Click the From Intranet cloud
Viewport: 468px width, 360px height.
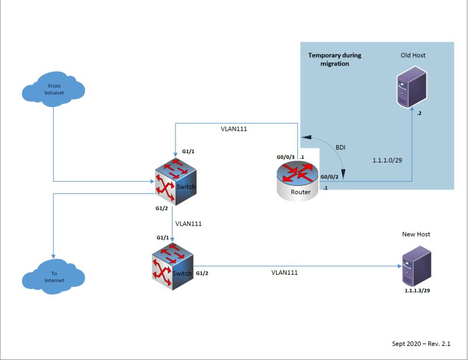point(53,89)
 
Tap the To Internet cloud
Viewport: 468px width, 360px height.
point(53,276)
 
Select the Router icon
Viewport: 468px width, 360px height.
point(298,181)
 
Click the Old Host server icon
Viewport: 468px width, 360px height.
point(412,87)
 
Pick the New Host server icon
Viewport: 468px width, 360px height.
point(417,266)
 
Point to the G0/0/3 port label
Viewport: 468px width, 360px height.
point(285,157)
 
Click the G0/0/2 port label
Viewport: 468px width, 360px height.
point(329,177)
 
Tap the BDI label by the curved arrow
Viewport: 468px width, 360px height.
point(340,147)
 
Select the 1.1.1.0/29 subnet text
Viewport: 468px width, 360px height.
point(387,160)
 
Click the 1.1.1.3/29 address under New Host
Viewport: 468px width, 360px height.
point(417,290)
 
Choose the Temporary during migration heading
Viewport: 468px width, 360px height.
point(335,60)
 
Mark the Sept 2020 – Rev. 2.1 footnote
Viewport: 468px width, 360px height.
point(421,344)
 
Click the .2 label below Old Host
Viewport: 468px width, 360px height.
point(419,113)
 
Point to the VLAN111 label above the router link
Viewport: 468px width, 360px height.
point(233,129)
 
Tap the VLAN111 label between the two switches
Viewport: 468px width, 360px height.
point(188,224)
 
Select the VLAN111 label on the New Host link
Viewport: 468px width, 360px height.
point(284,272)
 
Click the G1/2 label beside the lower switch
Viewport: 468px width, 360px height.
point(202,273)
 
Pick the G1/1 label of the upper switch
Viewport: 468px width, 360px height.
point(188,151)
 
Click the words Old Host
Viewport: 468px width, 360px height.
point(413,55)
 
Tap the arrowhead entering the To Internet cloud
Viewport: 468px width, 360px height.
point(53,256)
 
